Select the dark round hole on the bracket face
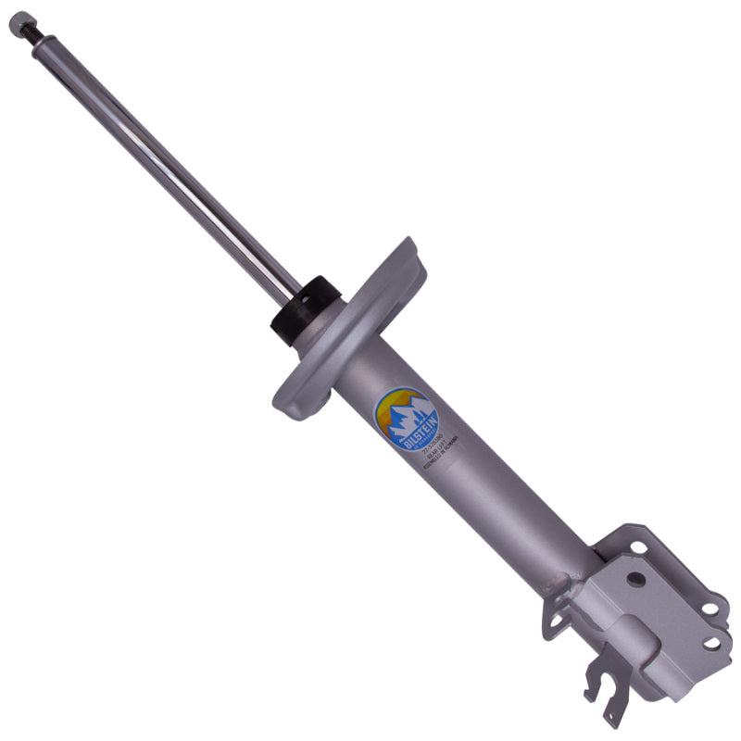coord(634,578)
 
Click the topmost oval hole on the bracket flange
coord(639,547)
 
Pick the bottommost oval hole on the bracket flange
coord(711,642)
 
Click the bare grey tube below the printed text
coord(519,519)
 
